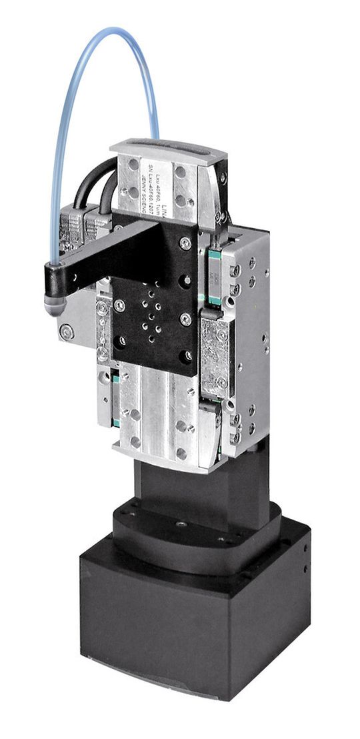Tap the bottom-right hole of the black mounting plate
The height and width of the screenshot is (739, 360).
(x=188, y=355)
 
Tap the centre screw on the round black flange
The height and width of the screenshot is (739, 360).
(x=181, y=524)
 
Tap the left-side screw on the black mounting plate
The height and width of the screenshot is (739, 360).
(x=119, y=305)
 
